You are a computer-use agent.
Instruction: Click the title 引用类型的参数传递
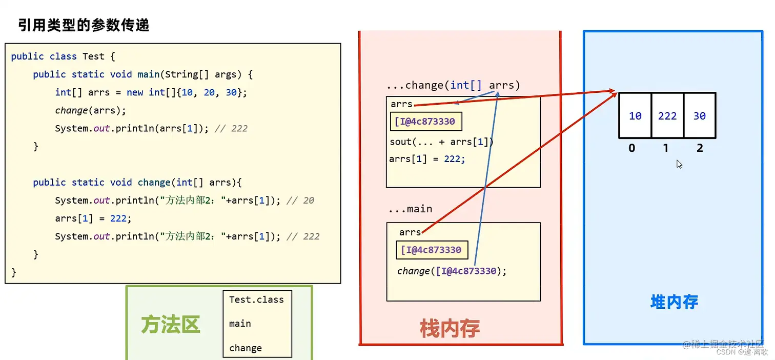(x=84, y=25)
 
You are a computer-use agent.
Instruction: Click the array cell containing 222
(x=667, y=116)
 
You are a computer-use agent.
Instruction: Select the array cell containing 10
(x=635, y=116)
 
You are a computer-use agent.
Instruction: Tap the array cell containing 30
(x=699, y=116)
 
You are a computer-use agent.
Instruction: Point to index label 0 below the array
(x=631, y=148)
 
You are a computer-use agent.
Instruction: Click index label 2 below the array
(x=700, y=148)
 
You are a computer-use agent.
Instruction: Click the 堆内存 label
(x=674, y=302)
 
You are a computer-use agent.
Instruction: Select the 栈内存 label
(x=450, y=328)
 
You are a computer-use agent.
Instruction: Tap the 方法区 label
(x=170, y=324)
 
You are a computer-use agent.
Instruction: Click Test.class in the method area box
(x=256, y=299)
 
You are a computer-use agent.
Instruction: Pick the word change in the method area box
(x=246, y=348)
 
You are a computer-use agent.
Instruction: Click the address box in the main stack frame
(x=432, y=250)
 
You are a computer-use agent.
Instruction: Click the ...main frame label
(x=410, y=209)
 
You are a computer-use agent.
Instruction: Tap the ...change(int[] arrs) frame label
(x=454, y=85)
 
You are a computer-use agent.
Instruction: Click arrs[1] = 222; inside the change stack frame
(x=427, y=159)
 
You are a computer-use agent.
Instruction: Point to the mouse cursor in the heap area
(x=679, y=164)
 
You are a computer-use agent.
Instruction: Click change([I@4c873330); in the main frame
(x=452, y=271)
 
